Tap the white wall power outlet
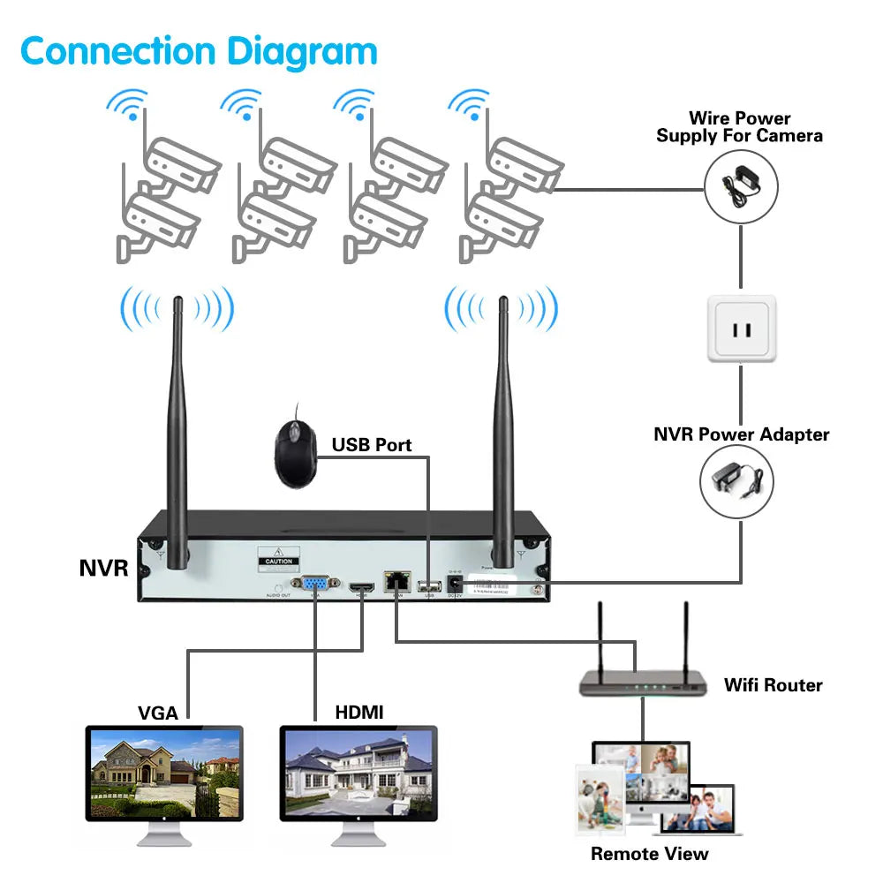(x=741, y=328)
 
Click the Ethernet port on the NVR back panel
(x=395, y=583)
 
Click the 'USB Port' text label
(x=372, y=445)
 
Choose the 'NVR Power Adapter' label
(x=741, y=434)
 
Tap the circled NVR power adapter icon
(x=737, y=481)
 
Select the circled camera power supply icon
(x=741, y=187)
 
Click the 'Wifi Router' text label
(x=773, y=685)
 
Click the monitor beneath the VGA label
(x=164, y=775)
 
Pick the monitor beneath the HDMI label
(x=358, y=775)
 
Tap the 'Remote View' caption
(x=649, y=854)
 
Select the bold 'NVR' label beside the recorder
(x=103, y=569)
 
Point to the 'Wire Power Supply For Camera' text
(x=739, y=127)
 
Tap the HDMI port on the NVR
(x=359, y=586)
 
